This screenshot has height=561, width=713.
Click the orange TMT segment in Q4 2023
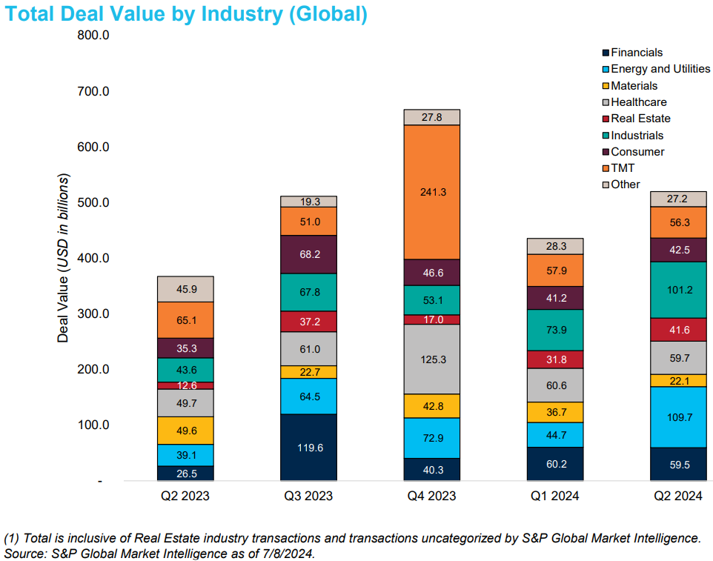coord(432,192)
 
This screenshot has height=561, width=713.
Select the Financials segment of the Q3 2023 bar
coord(308,448)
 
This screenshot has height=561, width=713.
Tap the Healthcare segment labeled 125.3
coord(432,359)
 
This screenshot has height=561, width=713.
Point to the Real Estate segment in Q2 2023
coord(185,385)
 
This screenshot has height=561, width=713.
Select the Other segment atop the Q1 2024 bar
coord(555,246)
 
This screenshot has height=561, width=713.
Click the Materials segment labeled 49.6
coord(185,431)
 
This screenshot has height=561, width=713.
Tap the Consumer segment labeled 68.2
coord(308,254)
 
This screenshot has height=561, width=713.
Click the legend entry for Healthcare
coord(637,102)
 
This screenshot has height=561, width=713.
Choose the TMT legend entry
coord(623,168)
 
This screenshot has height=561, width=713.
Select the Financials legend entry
coord(636,53)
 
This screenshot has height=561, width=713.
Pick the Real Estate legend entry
coord(640,119)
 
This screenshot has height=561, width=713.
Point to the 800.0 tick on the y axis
coord(93,36)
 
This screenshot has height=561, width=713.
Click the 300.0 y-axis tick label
coord(93,313)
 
